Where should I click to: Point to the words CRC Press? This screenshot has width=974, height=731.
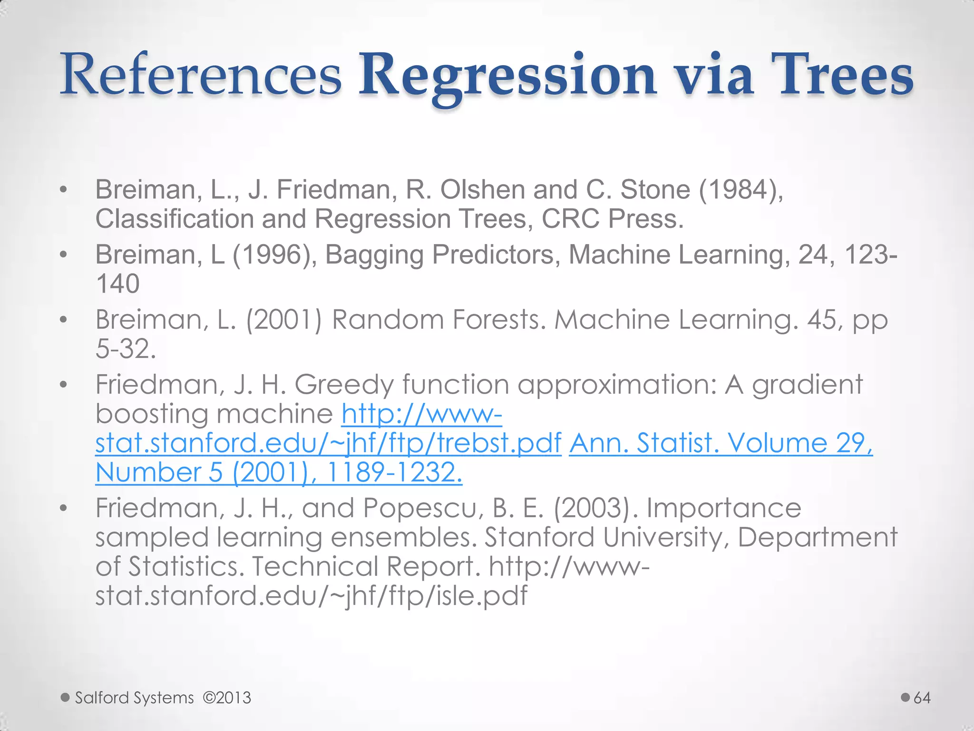(x=613, y=219)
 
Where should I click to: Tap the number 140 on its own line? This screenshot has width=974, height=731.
(x=117, y=284)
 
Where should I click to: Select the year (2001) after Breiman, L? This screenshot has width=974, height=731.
(x=283, y=319)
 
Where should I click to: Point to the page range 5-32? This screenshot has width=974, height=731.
(x=126, y=349)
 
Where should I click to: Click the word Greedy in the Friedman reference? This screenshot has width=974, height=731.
(x=344, y=385)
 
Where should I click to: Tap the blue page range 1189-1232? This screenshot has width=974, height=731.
(x=394, y=473)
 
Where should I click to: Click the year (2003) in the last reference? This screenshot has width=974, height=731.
(x=594, y=508)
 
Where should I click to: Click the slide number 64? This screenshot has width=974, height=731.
(x=922, y=698)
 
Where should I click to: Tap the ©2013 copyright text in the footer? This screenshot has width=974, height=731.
(x=227, y=698)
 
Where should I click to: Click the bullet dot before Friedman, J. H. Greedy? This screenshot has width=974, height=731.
(x=63, y=385)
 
